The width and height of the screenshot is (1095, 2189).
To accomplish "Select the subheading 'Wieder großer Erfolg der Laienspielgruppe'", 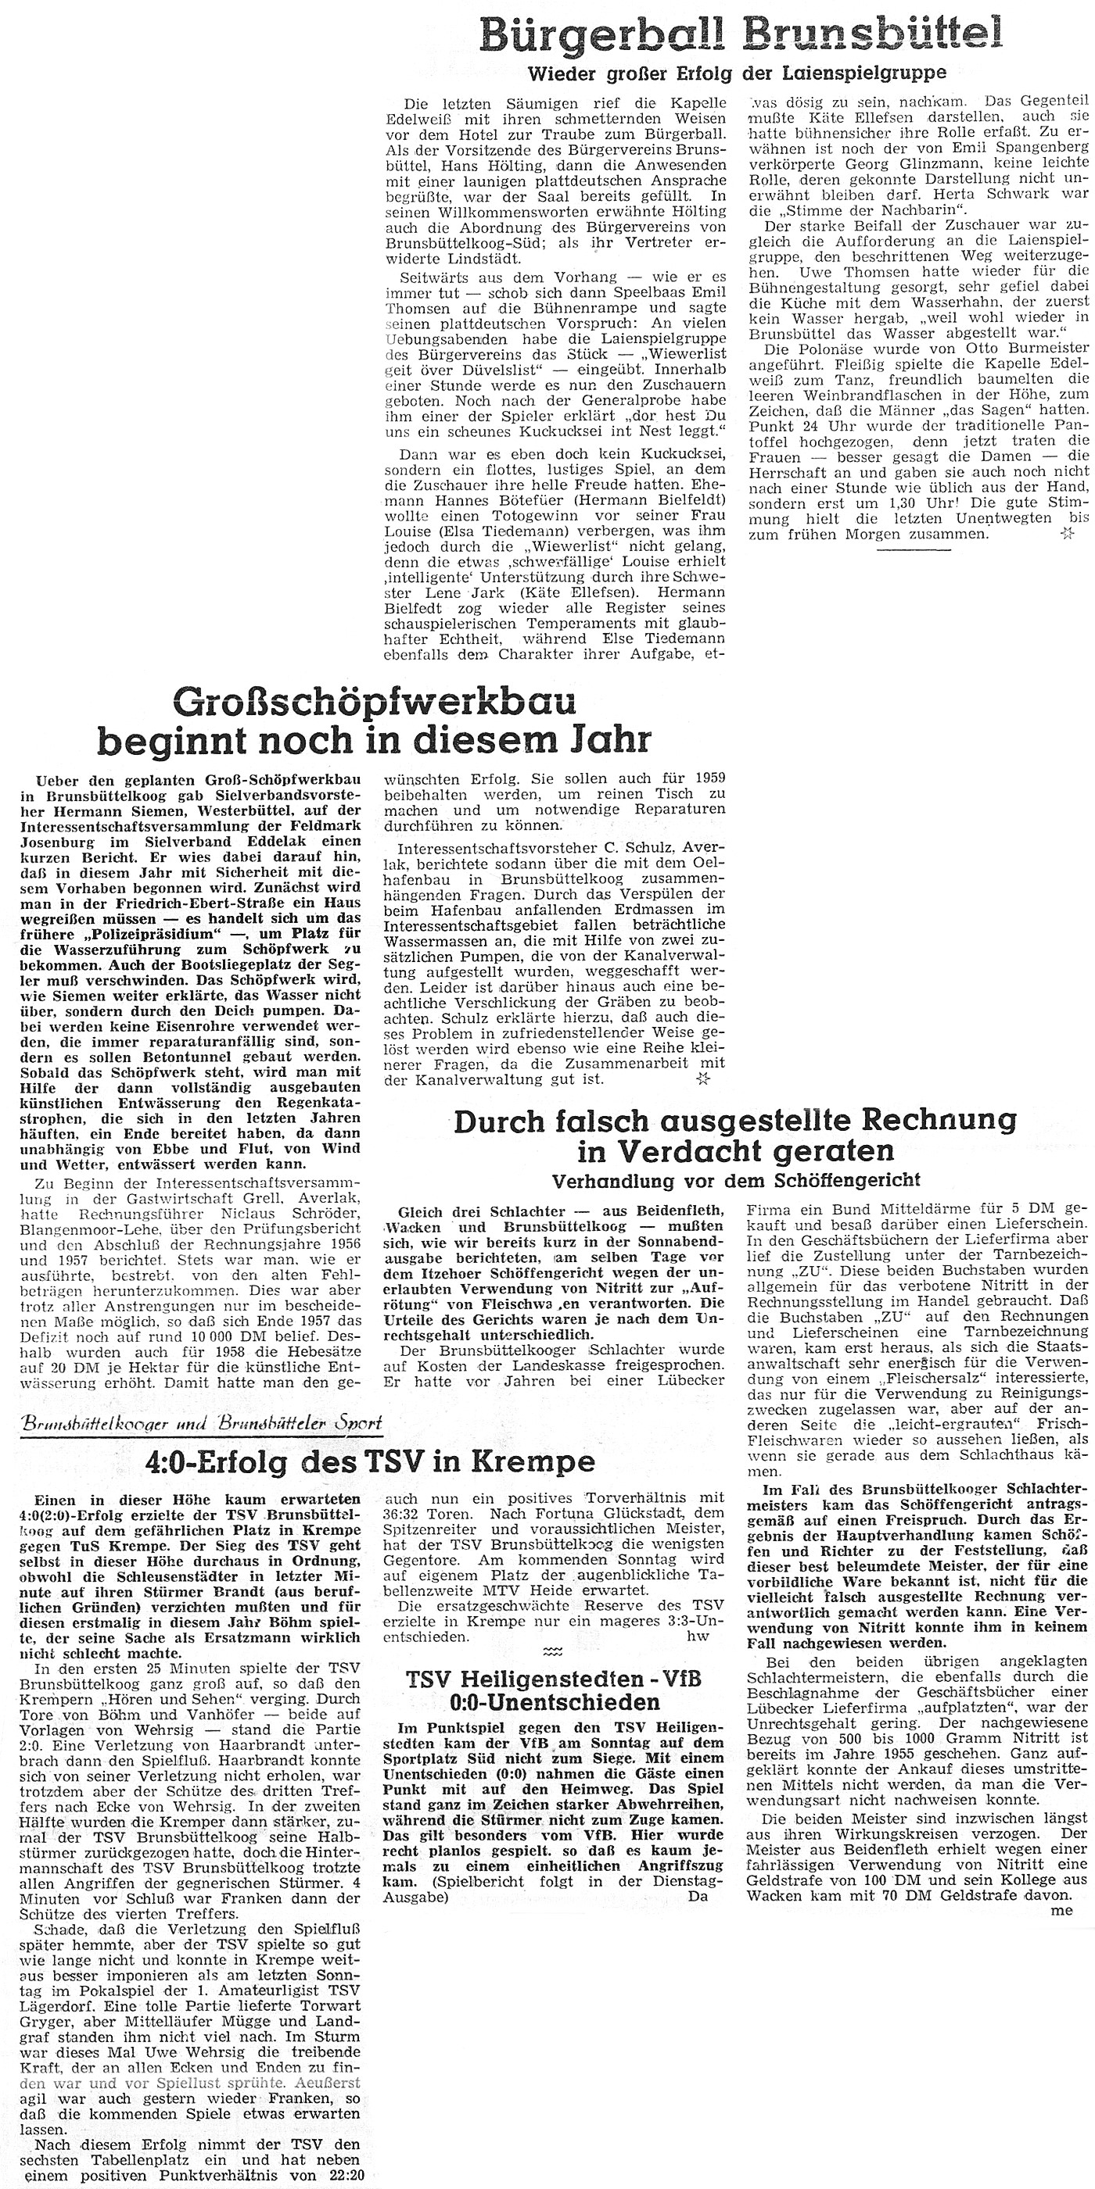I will (737, 73).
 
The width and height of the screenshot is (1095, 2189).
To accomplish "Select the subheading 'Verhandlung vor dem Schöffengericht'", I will (735, 1181).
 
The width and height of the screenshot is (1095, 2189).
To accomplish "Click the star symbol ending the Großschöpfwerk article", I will (702, 1079).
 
